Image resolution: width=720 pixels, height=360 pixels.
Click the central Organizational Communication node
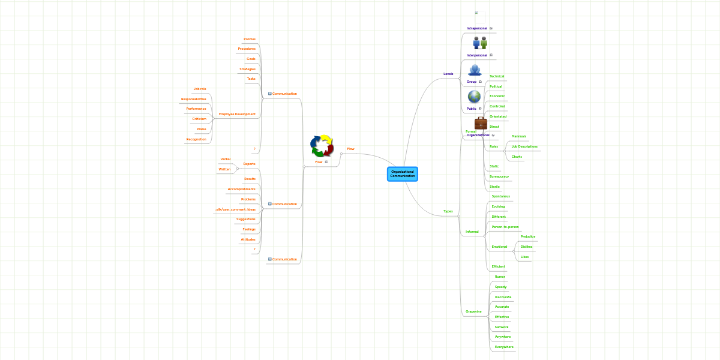(402, 174)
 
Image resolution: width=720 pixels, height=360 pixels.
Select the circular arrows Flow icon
(321, 146)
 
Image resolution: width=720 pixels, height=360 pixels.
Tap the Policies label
(249, 39)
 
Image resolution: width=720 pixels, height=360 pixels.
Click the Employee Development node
(237, 114)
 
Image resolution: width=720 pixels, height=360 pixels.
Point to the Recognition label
(196, 139)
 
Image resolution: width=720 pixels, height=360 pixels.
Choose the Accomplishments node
(241, 189)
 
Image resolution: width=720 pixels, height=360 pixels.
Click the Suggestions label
(245, 219)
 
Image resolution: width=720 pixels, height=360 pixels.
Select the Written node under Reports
(224, 169)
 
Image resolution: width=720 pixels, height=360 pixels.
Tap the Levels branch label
(448, 74)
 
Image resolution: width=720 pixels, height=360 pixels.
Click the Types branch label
(448, 211)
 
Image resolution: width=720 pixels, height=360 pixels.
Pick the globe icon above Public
(474, 97)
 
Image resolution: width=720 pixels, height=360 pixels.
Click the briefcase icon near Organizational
(481, 123)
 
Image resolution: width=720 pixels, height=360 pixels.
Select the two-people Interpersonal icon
(480, 43)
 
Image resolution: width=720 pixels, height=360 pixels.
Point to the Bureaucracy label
(499, 176)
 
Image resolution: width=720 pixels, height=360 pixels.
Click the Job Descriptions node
(524, 146)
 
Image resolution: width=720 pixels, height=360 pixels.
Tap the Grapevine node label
(473, 311)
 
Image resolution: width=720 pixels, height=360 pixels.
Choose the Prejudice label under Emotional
(527, 236)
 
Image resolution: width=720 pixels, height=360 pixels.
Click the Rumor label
(500, 277)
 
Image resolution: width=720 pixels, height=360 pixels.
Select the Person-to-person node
(505, 227)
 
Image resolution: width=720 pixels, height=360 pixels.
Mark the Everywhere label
(503, 347)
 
